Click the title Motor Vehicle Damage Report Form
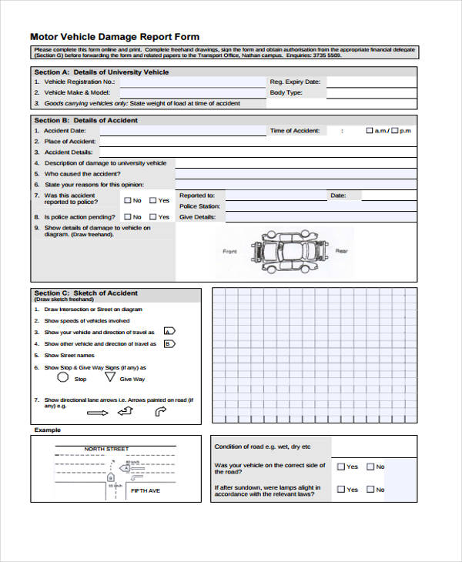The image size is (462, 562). (114, 36)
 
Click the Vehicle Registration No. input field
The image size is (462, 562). (189, 81)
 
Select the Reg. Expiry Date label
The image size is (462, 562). (295, 81)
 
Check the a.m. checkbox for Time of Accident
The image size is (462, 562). (370, 131)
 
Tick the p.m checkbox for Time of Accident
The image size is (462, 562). (395, 131)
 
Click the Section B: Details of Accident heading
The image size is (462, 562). (86, 120)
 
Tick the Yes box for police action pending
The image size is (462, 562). (152, 218)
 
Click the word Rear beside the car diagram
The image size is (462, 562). (341, 252)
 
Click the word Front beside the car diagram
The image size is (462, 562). (229, 252)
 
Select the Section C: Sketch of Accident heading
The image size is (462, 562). (86, 293)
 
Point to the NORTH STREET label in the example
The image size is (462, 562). (106, 449)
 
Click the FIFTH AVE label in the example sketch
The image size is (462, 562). (145, 490)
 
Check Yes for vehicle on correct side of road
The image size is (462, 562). (342, 467)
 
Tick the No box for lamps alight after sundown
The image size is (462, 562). (370, 490)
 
